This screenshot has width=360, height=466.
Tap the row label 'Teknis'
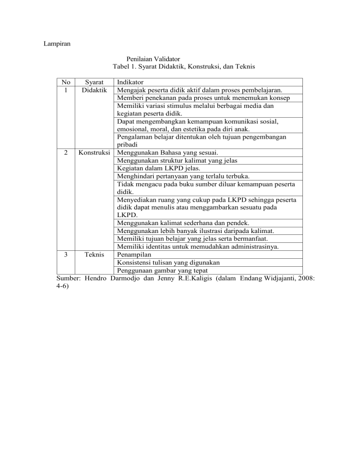tap(94, 254)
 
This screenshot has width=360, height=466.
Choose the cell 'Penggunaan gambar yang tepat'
tap(163, 270)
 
